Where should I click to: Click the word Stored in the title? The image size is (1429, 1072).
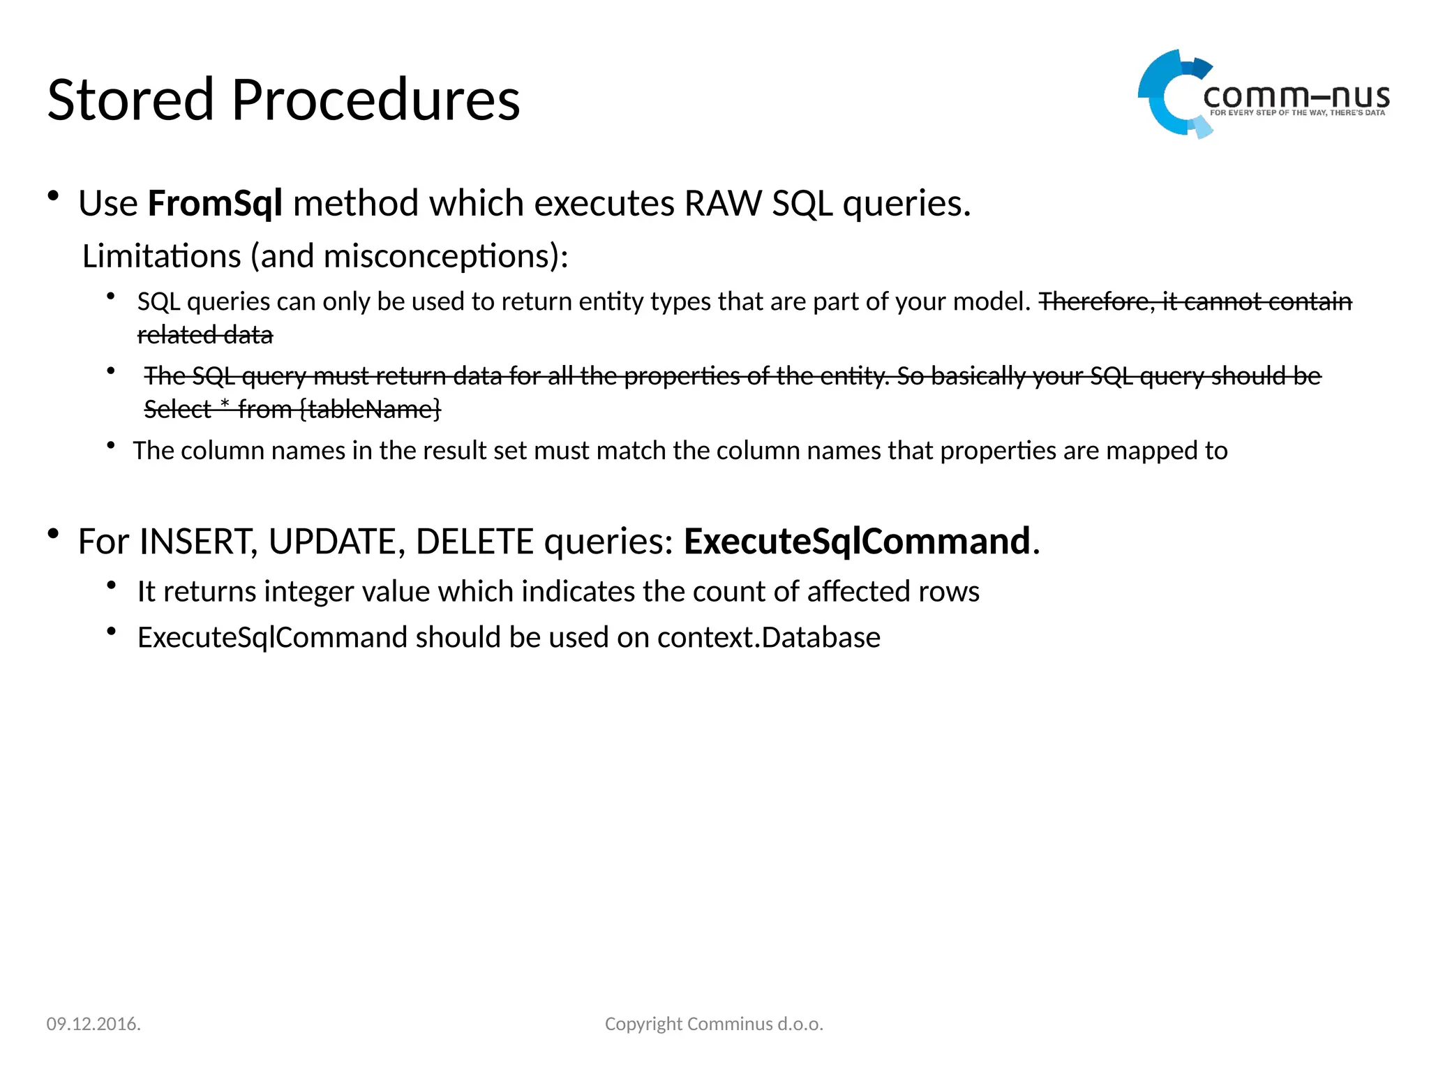130,100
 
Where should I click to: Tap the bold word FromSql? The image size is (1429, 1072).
215,204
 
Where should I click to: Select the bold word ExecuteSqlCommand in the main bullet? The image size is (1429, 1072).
857,542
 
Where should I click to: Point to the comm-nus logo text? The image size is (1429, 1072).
1296,98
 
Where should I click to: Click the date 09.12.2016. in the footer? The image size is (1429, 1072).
93,1024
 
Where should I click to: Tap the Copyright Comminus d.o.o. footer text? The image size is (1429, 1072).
714,1024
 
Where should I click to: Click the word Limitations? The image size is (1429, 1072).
162,256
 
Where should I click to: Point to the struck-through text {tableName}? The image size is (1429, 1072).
370,409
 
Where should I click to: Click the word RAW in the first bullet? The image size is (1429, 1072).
724,204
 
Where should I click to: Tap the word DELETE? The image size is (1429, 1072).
474,542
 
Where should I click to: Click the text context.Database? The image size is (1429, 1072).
768,638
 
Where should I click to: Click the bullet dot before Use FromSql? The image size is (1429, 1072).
53,197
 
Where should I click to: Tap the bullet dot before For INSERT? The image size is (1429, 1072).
53,535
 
